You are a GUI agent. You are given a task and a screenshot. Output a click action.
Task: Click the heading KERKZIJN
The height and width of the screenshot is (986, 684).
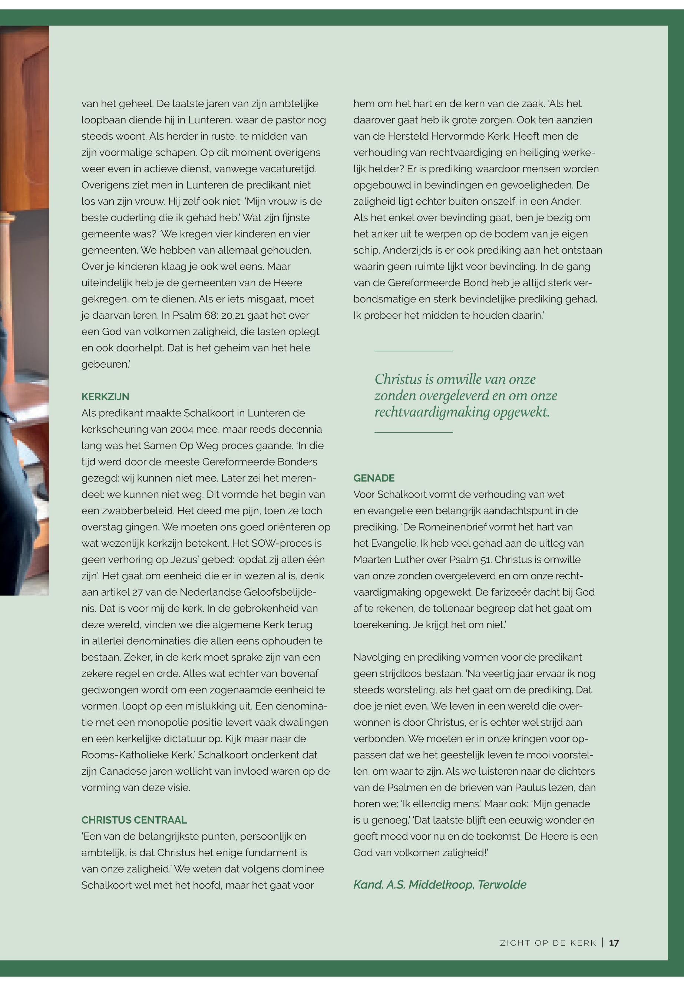tap(105, 397)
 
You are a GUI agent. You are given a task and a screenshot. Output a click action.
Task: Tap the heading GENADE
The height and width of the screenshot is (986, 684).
tap(374, 478)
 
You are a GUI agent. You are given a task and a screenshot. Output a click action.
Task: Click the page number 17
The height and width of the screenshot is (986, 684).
tap(614, 943)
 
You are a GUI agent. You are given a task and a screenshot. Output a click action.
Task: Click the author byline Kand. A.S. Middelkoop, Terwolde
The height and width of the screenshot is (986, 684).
tap(440, 885)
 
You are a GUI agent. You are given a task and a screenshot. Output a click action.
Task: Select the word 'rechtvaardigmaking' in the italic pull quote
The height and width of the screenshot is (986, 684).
tap(432, 412)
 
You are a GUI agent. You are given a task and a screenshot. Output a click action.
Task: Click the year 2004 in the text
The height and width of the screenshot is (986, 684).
tap(182, 429)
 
